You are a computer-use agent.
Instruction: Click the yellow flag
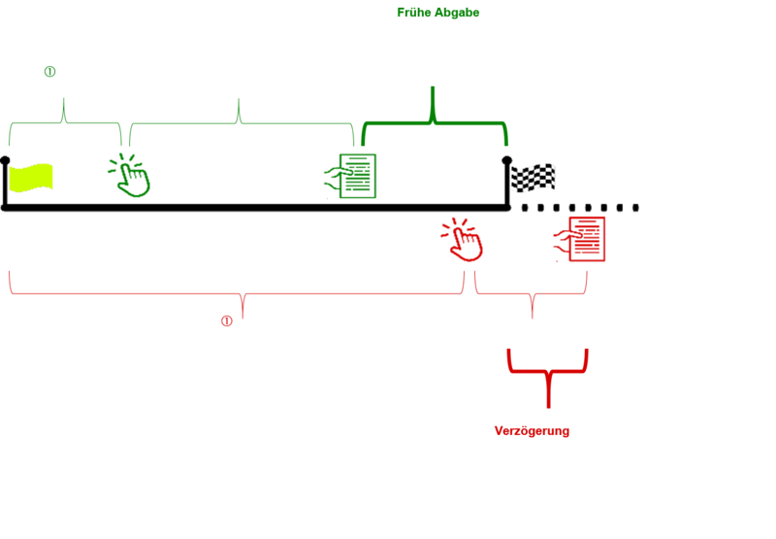(31, 178)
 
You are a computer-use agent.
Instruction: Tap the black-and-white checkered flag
(533, 178)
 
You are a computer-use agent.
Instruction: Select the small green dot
(49, 71)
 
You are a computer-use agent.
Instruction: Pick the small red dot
(226, 320)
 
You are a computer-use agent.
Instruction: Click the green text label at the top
(437, 13)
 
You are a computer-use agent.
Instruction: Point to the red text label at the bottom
(531, 431)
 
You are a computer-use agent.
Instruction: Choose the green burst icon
(130, 176)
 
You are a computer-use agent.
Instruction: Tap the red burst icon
(463, 240)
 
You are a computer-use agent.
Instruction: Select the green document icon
(355, 176)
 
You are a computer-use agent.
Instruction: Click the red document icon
(584, 238)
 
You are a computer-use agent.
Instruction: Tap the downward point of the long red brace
(242, 309)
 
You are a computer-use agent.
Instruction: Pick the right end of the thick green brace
(505, 139)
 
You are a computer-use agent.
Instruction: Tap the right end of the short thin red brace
(586, 278)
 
